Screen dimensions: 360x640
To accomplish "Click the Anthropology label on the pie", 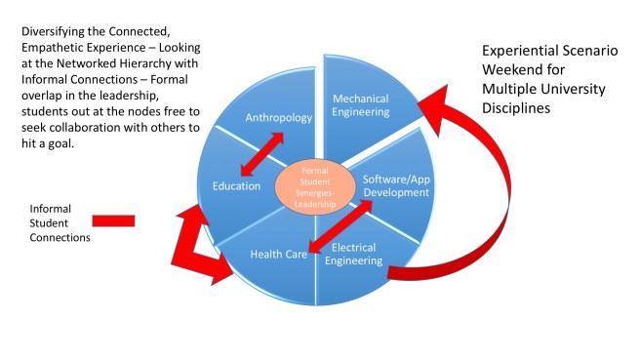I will click(x=280, y=119).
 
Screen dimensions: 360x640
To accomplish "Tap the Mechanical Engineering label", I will click(x=362, y=105).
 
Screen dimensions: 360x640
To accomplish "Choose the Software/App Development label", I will click(x=396, y=185).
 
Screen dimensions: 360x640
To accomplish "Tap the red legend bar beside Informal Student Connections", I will click(x=113, y=220).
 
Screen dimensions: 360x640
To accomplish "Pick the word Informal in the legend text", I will click(x=52, y=208).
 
